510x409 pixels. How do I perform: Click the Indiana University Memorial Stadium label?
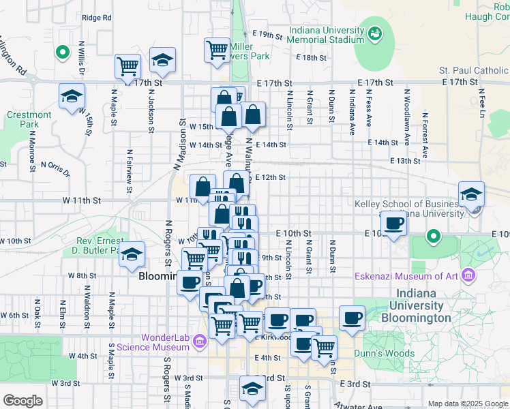click(x=326, y=35)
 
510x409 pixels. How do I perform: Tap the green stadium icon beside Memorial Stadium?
click(x=374, y=32)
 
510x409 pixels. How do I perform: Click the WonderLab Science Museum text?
click(x=163, y=342)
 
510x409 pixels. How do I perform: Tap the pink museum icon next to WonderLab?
click(x=200, y=340)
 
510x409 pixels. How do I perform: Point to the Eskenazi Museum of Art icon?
click(x=468, y=275)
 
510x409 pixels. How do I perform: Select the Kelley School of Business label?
click(x=408, y=204)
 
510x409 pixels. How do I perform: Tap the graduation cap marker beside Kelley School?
click(x=471, y=194)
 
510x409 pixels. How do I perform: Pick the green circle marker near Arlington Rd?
click(x=62, y=51)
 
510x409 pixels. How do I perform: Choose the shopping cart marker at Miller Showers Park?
click(x=217, y=49)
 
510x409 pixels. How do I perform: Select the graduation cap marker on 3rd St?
click(x=252, y=388)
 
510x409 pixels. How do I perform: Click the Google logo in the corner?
click(x=23, y=401)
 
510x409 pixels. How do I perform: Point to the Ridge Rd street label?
click(x=95, y=18)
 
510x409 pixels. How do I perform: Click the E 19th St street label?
click(x=267, y=33)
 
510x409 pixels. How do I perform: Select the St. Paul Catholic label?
click(x=473, y=70)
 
